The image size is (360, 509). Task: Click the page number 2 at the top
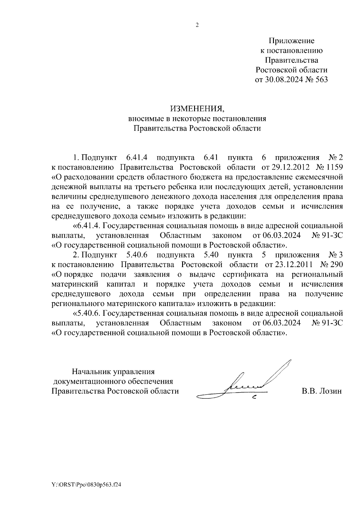(x=197, y=25)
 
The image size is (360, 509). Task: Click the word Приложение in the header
(x=291, y=40)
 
